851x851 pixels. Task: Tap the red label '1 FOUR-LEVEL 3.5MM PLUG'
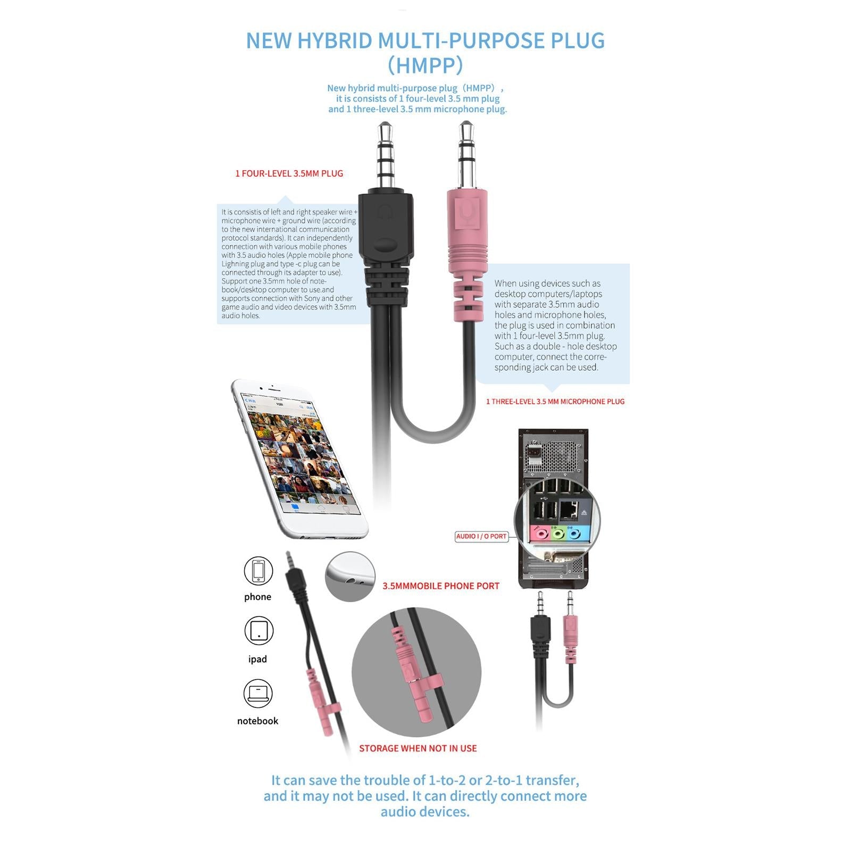pyautogui.click(x=289, y=173)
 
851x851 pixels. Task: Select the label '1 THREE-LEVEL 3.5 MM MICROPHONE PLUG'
pyautogui.click(x=555, y=402)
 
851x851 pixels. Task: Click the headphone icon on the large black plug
pyautogui.click(x=385, y=212)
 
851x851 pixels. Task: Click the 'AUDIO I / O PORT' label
pyautogui.click(x=481, y=536)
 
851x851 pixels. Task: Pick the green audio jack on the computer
pyautogui.click(x=557, y=532)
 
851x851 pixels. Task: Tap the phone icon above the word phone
pyautogui.click(x=258, y=571)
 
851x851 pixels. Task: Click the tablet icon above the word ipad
pyautogui.click(x=258, y=631)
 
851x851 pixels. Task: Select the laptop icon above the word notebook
pyautogui.click(x=258, y=693)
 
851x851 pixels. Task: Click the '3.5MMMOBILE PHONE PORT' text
pyautogui.click(x=441, y=586)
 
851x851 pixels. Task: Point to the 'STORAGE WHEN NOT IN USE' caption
pyautogui.click(x=418, y=748)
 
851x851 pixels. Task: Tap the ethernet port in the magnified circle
pyautogui.click(x=569, y=510)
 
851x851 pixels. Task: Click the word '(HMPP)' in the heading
pyautogui.click(x=425, y=65)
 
